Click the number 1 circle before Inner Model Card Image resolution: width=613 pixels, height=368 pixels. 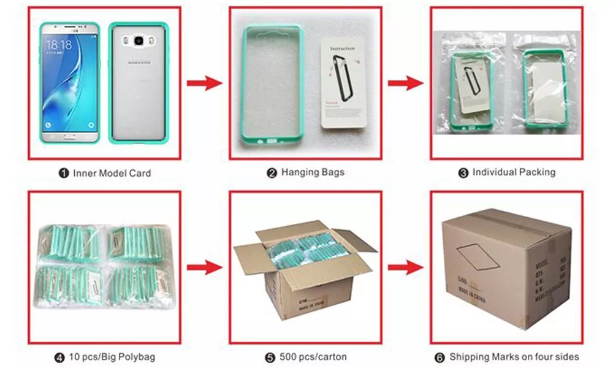click(64, 174)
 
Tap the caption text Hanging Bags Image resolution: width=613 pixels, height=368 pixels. click(313, 172)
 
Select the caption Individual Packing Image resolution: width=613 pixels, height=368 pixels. click(514, 172)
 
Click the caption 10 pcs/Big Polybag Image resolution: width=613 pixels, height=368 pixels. click(109, 357)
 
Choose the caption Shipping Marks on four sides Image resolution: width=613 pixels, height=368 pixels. click(514, 357)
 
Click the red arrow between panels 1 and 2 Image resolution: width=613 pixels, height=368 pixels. click(204, 83)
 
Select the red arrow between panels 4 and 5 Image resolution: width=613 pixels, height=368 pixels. click(204, 267)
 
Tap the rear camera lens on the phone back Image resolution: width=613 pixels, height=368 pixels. click(139, 41)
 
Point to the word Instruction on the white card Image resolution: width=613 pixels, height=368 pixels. click(343, 48)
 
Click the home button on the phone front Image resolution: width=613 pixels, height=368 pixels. click(69, 135)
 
